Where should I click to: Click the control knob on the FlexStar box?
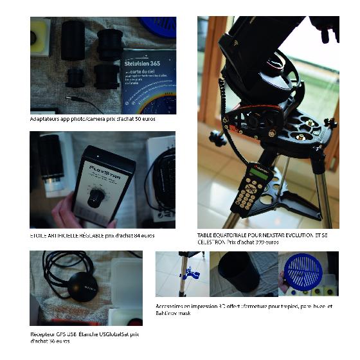(x=96, y=196)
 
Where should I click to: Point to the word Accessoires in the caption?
(x=170, y=306)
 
